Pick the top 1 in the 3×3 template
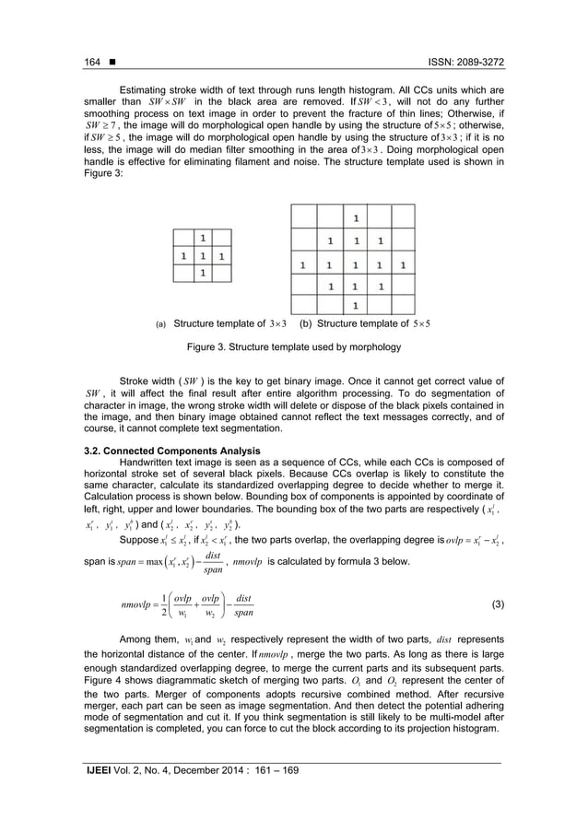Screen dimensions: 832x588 click(205, 236)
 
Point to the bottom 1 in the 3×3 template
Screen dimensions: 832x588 click(205, 274)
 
